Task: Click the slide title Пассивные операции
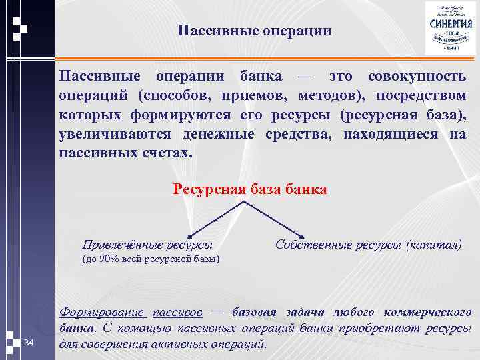coord(255,31)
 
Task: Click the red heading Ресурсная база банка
coord(250,189)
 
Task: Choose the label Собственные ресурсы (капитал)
coord(368,244)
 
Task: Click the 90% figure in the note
coord(108,259)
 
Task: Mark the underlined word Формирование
coord(103,312)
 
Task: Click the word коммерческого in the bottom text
coord(433,312)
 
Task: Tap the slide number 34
coord(28,343)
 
